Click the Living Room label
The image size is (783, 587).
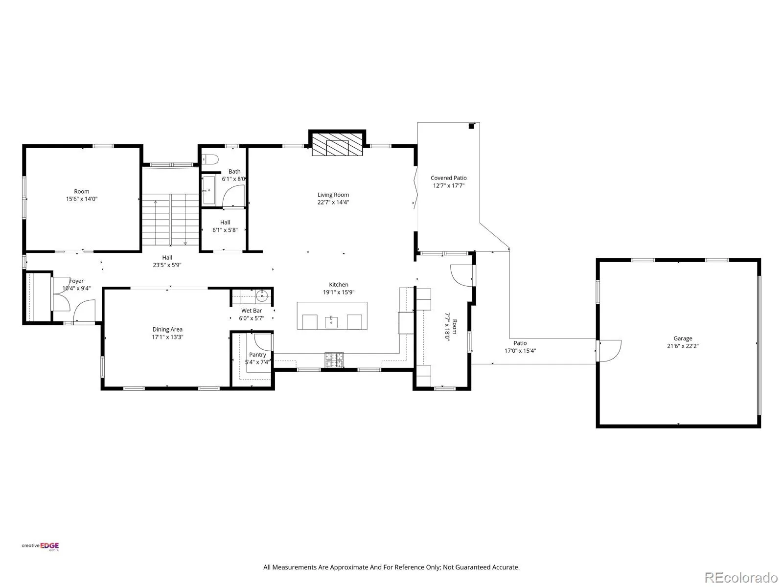[333, 195]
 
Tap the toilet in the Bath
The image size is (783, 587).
[210, 159]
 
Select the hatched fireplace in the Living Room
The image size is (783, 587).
[337, 144]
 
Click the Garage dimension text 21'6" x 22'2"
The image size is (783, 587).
[683, 346]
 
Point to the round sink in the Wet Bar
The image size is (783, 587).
[262, 295]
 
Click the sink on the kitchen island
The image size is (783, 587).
[331, 322]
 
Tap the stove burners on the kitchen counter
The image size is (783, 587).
[334, 360]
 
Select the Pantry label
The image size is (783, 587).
[257, 355]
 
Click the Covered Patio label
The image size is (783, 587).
[448, 178]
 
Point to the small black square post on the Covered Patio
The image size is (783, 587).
[471, 126]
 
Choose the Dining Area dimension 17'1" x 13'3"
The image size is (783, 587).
[168, 337]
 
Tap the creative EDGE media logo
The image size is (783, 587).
[40, 546]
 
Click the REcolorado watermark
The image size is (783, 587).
[741, 577]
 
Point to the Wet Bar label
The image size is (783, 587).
[252, 311]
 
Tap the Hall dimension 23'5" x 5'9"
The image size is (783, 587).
[167, 265]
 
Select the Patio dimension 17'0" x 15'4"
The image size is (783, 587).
[520, 351]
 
